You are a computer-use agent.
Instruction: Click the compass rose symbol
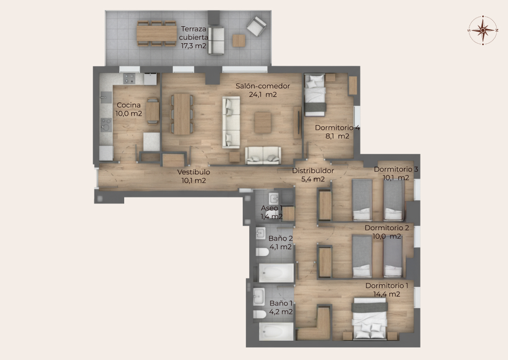pyautogui.click(x=483, y=30)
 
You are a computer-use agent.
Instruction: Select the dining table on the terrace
pyautogui.click(x=157, y=33)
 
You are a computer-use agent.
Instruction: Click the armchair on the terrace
pyautogui.click(x=256, y=26)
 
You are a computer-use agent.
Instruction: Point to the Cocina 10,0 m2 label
pyautogui.click(x=128, y=109)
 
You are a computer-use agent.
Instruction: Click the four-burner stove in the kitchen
pyautogui.click(x=129, y=78)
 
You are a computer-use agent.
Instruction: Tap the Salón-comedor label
pyautogui.click(x=262, y=86)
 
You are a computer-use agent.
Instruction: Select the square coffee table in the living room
pyautogui.click(x=263, y=122)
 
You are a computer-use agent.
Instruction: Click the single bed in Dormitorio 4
pyautogui.click(x=315, y=95)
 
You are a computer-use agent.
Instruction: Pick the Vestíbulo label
pyautogui.click(x=193, y=172)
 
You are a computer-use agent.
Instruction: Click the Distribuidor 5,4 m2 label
pyautogui.click(x=313, y=175)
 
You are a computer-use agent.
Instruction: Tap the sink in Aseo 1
pyautogui.click(x=274, y=198)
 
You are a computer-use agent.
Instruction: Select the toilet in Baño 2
pyautogui.click(x=262, y=251)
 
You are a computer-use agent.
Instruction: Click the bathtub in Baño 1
pyautogui.click(x=277, y=331)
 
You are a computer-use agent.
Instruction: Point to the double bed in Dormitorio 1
pyautogui.click(x=370, y=319)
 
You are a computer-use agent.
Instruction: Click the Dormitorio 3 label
pyautogui.click(x=396, y=169)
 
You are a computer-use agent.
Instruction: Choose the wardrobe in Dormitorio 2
pyautogui.click(x=325, y=262)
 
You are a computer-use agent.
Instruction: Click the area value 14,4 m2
pyautogui.click(x=387, y=294)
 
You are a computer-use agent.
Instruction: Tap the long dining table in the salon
pyautogui.click(x=182, y=114)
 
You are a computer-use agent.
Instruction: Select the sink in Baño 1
pyautogui.click(x=259, y=297)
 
